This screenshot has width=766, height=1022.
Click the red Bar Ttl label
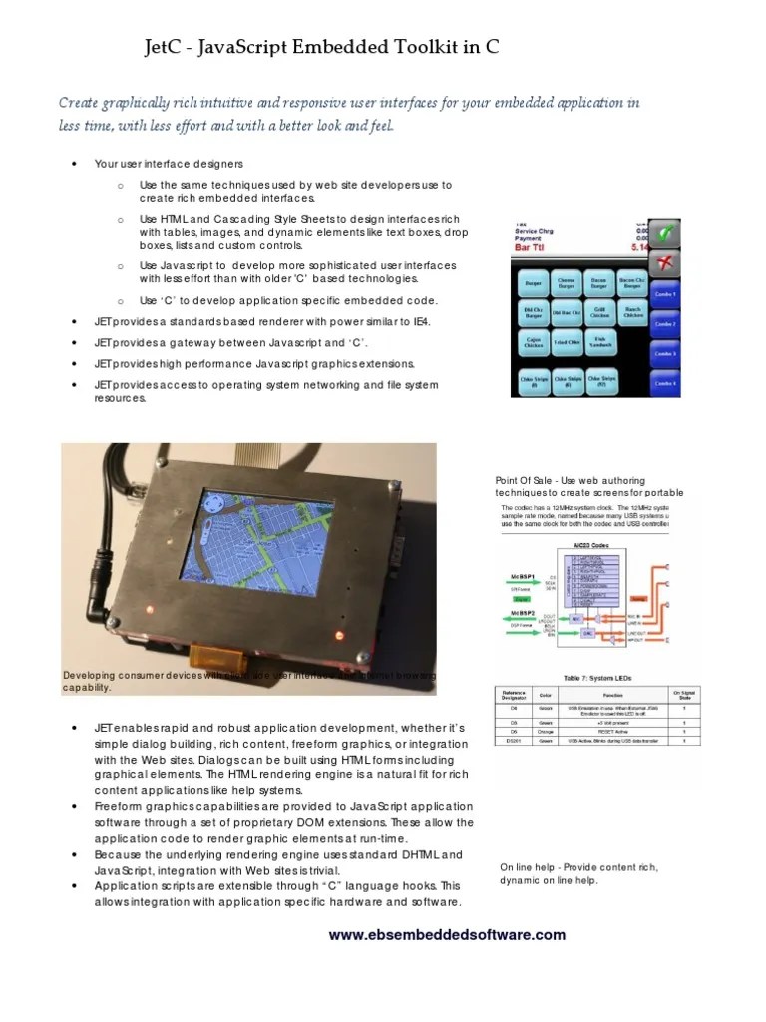(540, 246)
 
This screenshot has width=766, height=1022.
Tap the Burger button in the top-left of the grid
(533, 285)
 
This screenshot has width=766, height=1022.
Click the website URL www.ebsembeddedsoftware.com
(447, 935)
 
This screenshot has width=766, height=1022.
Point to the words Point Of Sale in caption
(523, 481)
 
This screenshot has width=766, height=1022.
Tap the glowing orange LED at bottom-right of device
(339, 635)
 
